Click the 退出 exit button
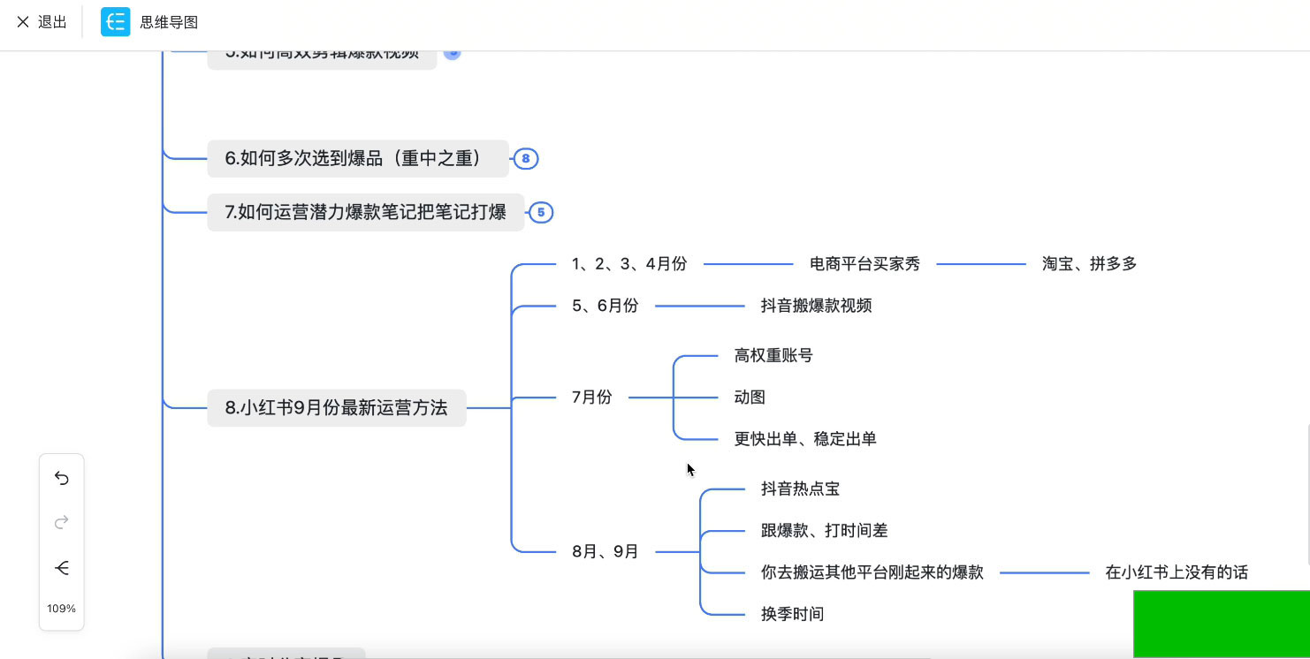(x=42, y=22)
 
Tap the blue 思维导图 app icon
(x=115, y=22)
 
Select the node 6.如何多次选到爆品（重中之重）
(x=357, y=159)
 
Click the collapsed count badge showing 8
(x=526, y=159)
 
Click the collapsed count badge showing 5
(x=541, y=213)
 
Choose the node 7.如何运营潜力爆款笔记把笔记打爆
(x=365, y=212)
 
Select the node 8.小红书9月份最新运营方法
(x=336, y=408)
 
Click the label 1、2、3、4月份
(x=628, y=264)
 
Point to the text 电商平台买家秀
(x=864, y=264)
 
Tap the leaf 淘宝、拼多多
(x=1089, y=264)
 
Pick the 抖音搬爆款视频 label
(x=816, y=306)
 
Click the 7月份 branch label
(x=591, y=398)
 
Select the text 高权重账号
(x=773, y=356)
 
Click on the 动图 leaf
(x=750, y=398)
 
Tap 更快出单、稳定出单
(x=804, y=439)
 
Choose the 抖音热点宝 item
(x=800, y=489)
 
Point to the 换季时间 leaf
(x=792, y=614)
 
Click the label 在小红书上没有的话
(x=1176, y=572)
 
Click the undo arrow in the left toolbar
(x=62, y=478)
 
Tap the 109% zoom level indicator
(x=62, y=609)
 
